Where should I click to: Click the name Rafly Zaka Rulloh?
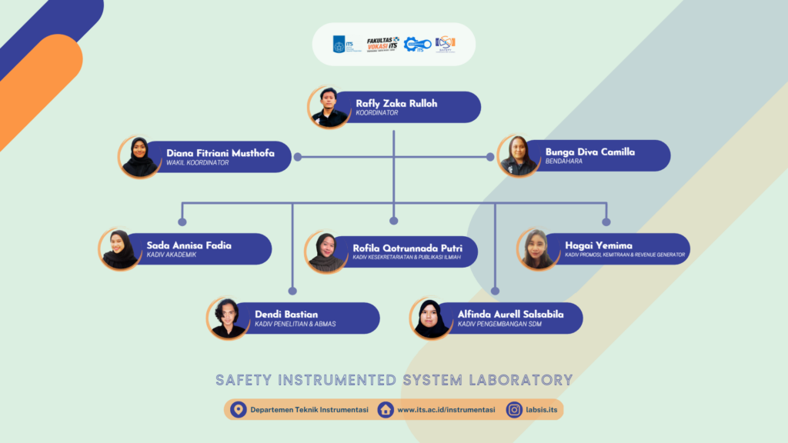(396, 103)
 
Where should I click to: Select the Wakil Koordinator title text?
(198, 162)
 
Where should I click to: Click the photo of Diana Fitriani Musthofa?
(139, 157)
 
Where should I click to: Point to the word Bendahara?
(564, 162)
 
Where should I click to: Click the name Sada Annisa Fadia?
(189, 245)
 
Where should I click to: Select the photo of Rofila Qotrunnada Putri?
(326, 251)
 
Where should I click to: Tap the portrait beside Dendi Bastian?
(228, 318)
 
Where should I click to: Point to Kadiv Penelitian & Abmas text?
(295, 324)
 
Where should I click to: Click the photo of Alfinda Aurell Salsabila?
(431, 318)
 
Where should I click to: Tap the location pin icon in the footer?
(238, 409)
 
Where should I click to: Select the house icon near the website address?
(386, 409)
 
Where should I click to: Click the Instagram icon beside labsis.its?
(514, 409)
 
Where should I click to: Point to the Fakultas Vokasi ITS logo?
(382, 44)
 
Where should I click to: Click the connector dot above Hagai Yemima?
(606, 222)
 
